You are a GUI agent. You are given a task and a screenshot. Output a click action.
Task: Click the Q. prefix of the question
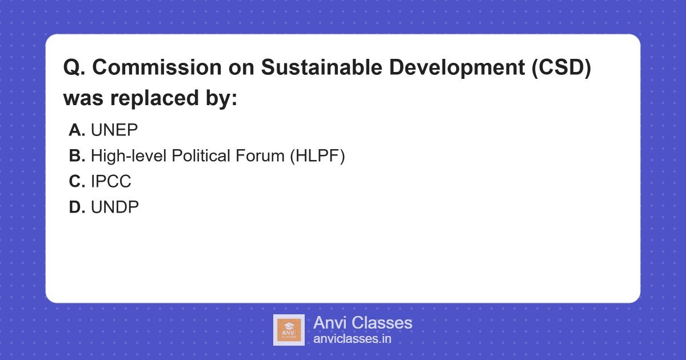[x=74, y=67]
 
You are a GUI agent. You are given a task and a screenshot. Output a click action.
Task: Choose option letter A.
[x=77, y=130]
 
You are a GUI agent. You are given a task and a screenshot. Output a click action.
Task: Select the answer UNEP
[x=114, y=130]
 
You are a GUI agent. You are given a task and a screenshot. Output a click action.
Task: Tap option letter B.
[x=77, y=156]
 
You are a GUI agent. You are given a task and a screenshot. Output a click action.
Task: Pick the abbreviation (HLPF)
[x=317, y=156]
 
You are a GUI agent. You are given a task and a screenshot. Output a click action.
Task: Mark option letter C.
[x=77, y=182]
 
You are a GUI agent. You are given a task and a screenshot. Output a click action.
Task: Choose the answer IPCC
[x=111, y=182]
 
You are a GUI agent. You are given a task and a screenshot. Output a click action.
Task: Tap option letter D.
[x=77, y=207]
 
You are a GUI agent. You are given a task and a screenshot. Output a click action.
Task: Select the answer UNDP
[x=115, y=207]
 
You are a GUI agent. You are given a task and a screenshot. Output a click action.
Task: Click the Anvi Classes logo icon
[x=289, y=330]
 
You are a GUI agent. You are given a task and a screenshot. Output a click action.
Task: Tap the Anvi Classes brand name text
[x=362, y=323]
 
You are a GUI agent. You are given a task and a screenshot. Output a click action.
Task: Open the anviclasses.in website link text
[x=352, y=338]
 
